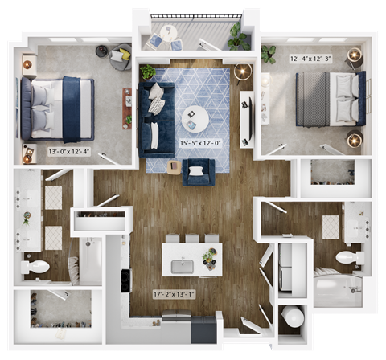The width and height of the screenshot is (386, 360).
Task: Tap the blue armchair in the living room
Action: [x=199, y=172]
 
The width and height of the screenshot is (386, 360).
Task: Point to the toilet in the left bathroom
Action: [x=36, y=267]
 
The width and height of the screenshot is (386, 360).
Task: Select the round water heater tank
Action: [x=292, y=318]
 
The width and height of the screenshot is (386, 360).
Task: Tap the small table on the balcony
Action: [x=167, y=33]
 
